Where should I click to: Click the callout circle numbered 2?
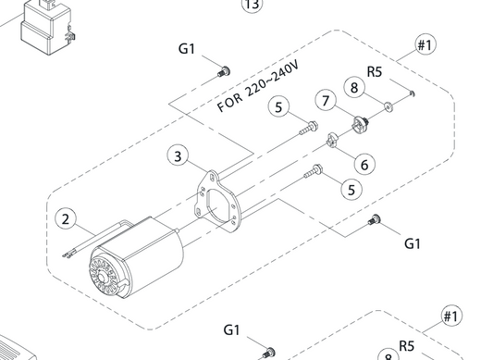tap(66, 219)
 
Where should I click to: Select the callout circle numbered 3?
tap(178, 156)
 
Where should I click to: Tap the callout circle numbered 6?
tap(364, 165)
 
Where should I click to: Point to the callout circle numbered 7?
tap(326, 100)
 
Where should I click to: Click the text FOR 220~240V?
tap(258, 86)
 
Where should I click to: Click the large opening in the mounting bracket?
tap(217, 207)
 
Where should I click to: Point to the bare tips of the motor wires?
tap(68, 255)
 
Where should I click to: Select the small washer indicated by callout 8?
tap(388, 106)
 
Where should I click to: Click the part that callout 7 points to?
tap(361, 124)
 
